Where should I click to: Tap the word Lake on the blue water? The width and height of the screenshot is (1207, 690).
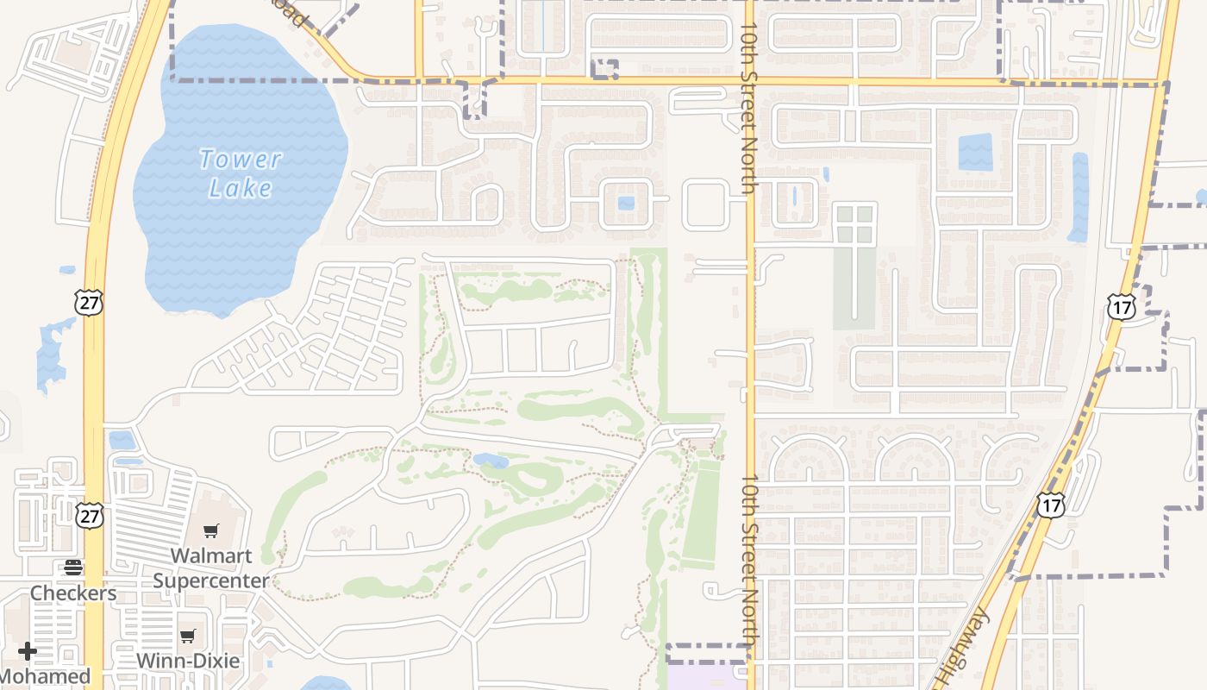[x=241, y=188]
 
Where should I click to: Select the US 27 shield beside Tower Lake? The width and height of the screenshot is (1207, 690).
[x=89, y=302]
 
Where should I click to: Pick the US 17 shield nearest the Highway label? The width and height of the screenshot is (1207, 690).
[x=1050, y=505]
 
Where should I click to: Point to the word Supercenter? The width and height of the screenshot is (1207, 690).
[x=211, y=581]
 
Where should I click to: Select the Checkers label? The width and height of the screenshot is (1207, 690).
[x=73, y=593]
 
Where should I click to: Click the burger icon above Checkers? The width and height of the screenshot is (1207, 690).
[x=73, y=568]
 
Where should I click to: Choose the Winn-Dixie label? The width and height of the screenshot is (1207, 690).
[x=188, y=662]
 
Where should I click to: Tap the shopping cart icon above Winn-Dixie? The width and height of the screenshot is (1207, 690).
[x=188, y=637]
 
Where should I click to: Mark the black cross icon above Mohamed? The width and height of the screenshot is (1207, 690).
[x=28, y=650]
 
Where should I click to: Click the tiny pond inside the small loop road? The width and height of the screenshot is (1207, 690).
[x=626, y=204]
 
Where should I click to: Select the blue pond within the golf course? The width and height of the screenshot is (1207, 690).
[x=490, y=460]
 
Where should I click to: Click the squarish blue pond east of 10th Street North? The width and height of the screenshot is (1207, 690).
[x=975, y=152]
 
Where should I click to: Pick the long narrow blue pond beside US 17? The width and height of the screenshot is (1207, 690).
[x=1078, y=197]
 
